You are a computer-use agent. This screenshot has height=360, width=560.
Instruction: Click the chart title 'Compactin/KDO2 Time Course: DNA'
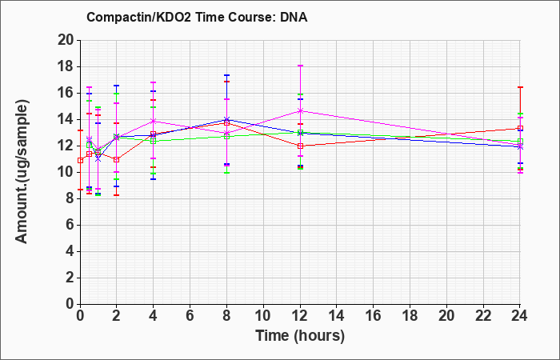point(197,17)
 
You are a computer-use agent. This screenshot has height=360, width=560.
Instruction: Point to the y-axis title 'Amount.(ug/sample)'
point(22,172)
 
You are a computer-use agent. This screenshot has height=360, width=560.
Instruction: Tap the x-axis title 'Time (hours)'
point(300,336)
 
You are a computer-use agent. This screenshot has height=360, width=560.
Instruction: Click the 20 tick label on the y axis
point(66,40)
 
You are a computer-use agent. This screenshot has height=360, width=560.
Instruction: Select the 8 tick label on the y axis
point(70,198)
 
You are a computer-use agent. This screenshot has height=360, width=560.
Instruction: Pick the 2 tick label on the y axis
point(70,278)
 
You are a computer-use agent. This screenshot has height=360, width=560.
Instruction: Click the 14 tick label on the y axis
point(66,120)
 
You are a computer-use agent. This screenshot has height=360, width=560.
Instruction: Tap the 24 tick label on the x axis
point(520,316)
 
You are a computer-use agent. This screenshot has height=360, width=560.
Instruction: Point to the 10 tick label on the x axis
point(263,316)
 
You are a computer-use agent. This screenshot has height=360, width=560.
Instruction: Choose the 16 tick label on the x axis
point(374,316)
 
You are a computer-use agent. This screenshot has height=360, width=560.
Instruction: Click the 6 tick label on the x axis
point(190,316)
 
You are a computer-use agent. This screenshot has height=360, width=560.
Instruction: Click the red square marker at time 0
point(81,161)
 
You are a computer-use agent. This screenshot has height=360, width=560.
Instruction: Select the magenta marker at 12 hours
point(300,111)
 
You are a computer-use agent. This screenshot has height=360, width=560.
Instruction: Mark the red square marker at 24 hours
point(520,128)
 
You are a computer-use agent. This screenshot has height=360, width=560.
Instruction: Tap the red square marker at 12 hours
point(300,146)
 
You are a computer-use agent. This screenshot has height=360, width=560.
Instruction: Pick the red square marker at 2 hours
point(117,160)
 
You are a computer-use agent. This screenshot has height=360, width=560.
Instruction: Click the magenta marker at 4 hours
point(154,121)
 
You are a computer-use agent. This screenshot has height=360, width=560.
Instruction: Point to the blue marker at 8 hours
point(226,120)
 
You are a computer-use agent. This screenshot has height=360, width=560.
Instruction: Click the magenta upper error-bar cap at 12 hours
point(300,66)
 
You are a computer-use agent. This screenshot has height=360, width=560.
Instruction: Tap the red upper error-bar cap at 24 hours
point(520,87)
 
